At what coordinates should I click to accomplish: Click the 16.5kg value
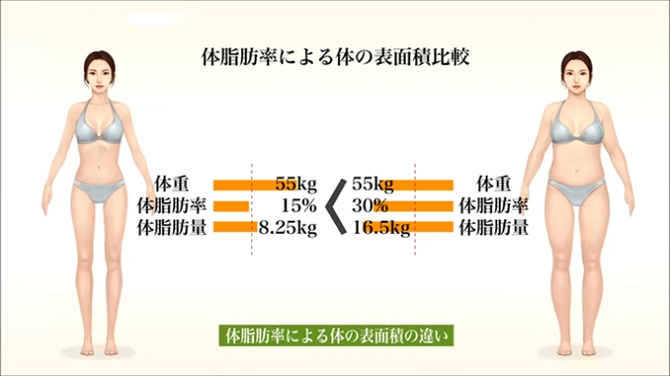pos(381,227)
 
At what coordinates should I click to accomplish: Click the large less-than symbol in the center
pos(333,206)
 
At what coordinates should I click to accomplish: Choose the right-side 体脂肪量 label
pos(493,227)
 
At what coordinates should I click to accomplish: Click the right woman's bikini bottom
pos(577,194)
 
